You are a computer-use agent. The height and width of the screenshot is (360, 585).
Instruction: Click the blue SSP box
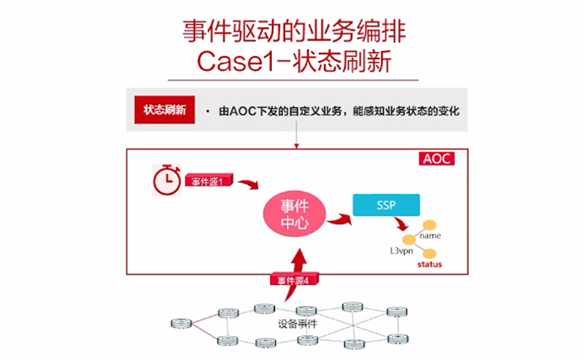pyautogui.click(x=386, y=205)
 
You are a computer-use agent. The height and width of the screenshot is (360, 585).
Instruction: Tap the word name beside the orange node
pyautogui.click(x=430, y=236)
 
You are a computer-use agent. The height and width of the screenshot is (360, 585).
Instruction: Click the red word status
pyautogui.click(x=429, y=264)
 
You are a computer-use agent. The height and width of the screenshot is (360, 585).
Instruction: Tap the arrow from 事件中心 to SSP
pyautogui.click(x=339, y=219)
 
